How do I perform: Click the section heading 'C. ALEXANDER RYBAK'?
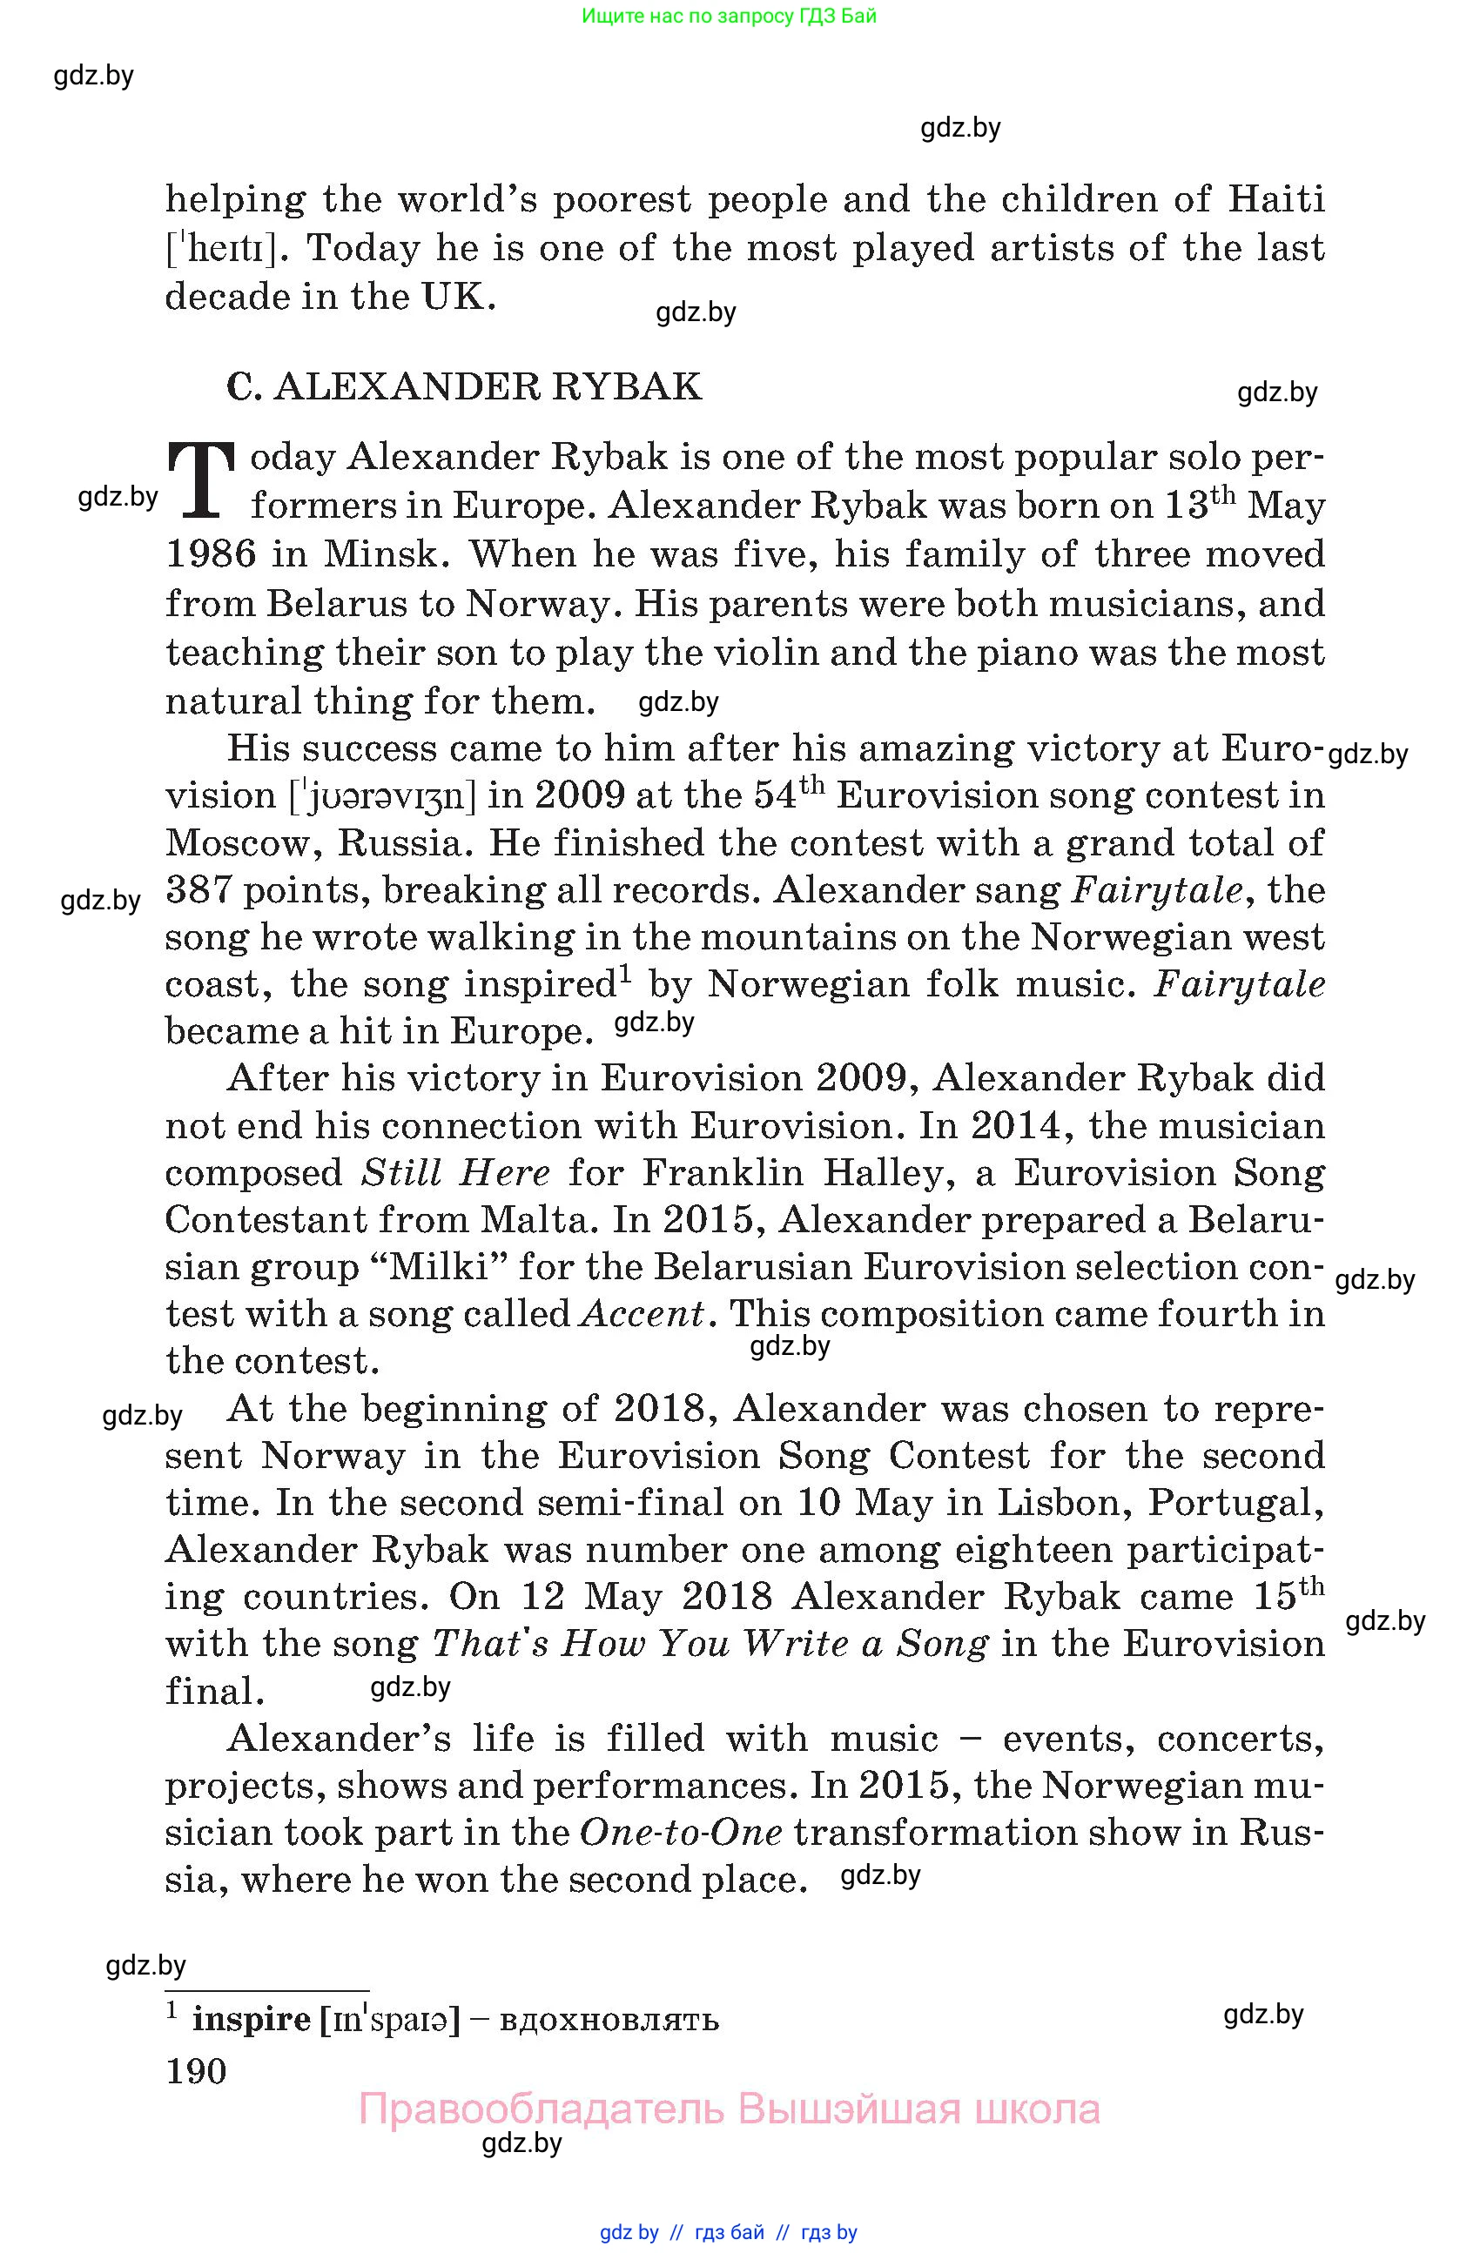tap(464, 387)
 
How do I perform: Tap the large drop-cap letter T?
tap(201, 481)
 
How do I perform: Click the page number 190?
tap(196, 2071)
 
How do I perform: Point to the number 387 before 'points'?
tap(197, 891)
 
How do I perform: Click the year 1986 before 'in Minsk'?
tap(210, 554)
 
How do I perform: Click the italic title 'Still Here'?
tap(455, 1173)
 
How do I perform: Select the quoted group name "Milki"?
tap(440, 1266)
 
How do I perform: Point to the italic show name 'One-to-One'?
tap(681, 1832)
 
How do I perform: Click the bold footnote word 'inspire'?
tap(251, 2020)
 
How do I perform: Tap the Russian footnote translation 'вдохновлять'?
tap(609, 2020)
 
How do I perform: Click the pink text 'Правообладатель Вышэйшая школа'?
tap(729, 2109)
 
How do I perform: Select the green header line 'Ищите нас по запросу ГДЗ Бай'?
tap(729, 16)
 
